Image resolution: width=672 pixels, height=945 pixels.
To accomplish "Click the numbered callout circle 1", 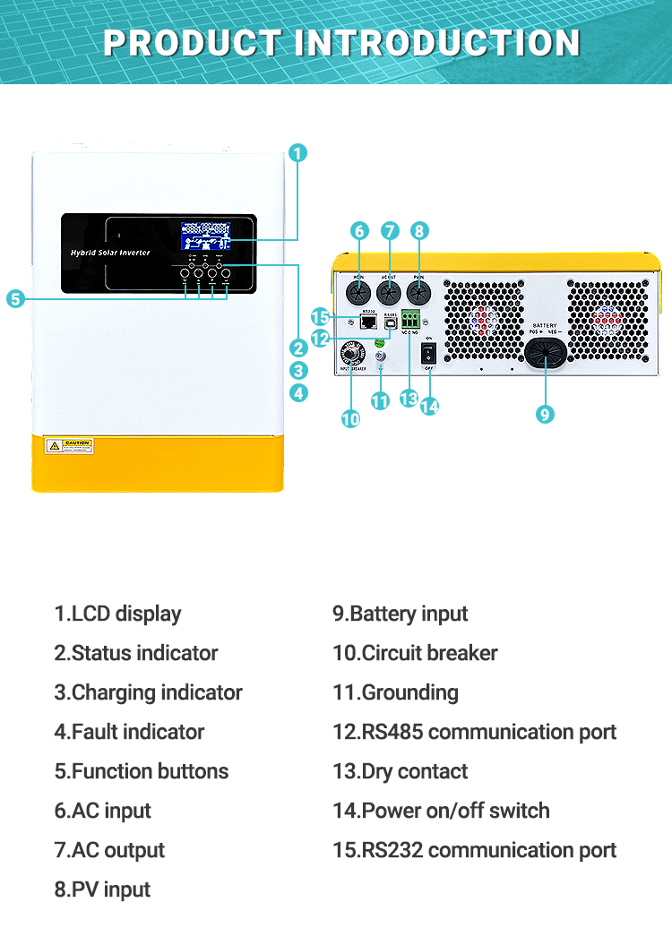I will click(298, 153).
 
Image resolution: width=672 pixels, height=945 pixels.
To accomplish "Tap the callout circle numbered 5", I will click(15, 299).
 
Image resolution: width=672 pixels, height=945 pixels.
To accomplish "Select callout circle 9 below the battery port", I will click(545, 413).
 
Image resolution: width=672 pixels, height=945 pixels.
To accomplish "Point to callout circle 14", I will click(430, 405).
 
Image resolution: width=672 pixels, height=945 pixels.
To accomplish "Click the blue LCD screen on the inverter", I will click(204, 236).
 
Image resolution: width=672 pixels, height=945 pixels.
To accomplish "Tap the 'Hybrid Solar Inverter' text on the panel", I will click(110, 253).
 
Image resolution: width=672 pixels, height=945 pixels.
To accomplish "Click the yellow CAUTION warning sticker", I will click(70, 445).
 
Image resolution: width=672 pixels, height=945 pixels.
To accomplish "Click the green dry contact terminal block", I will click(412, 318).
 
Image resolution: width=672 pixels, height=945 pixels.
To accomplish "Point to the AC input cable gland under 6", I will click(359, 292).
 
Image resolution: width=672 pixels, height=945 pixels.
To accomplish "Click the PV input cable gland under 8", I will click(418, 292).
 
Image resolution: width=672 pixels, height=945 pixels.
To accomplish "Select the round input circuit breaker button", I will click(351, 354).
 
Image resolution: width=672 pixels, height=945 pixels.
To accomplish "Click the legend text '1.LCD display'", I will click(117, 614).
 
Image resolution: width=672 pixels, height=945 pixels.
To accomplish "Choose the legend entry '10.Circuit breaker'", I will click(415, 653).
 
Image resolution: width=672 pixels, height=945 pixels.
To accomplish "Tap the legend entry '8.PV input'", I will click(102, 889).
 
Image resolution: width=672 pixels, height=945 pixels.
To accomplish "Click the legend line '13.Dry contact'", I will click(400, 771).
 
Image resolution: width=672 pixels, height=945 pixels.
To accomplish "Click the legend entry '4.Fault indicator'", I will click(129, 732).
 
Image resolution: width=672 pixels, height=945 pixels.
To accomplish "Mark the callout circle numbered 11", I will click(380, 401).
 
